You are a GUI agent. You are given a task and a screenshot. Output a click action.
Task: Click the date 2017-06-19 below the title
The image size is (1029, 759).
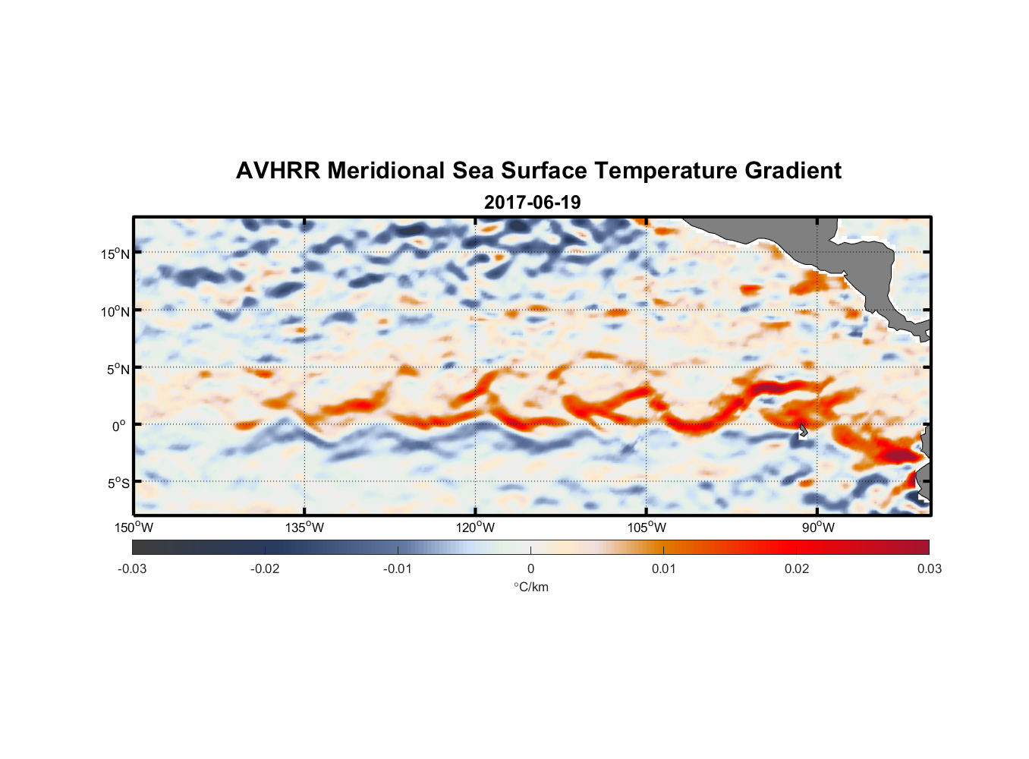[x=532, y=203]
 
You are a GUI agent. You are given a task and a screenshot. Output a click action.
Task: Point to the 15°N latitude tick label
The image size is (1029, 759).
[x=115, y=254]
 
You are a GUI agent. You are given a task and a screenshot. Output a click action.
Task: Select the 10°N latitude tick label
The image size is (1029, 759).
[x=115, y=311]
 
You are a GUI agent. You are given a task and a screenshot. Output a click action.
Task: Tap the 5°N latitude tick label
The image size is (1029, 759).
[x=118, y=369]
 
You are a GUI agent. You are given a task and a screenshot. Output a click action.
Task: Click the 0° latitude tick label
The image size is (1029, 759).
[x=118, y=426]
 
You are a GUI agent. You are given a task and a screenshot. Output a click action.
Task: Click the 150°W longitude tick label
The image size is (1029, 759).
[x=134, y=528]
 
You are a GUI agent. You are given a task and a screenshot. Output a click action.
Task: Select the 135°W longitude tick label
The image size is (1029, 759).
[x=304, y=528]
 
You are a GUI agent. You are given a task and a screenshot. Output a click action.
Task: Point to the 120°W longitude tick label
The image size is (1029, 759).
[x=475, y=528]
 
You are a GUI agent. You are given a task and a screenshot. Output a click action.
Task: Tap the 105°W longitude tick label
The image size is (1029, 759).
[x=647, y=528]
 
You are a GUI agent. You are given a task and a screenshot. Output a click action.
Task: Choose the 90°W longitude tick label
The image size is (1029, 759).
[x=818, y=528]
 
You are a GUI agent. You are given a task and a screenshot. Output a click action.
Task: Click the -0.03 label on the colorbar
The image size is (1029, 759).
[x=132, y=568]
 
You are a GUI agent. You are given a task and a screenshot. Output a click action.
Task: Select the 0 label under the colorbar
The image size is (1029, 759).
[x=530, y=568]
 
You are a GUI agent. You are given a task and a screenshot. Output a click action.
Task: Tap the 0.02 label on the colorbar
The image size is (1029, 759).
[x=797, y=568]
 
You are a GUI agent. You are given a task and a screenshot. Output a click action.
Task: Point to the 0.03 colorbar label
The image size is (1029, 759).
[x=929, y=568]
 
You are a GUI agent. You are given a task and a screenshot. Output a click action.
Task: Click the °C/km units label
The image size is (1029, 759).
[x=530, y=587]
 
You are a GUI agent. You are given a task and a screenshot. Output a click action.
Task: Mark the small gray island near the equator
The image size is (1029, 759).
[x=803, y=430]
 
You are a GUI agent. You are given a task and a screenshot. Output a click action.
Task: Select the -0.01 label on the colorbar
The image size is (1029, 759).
[x=397, y=568]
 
